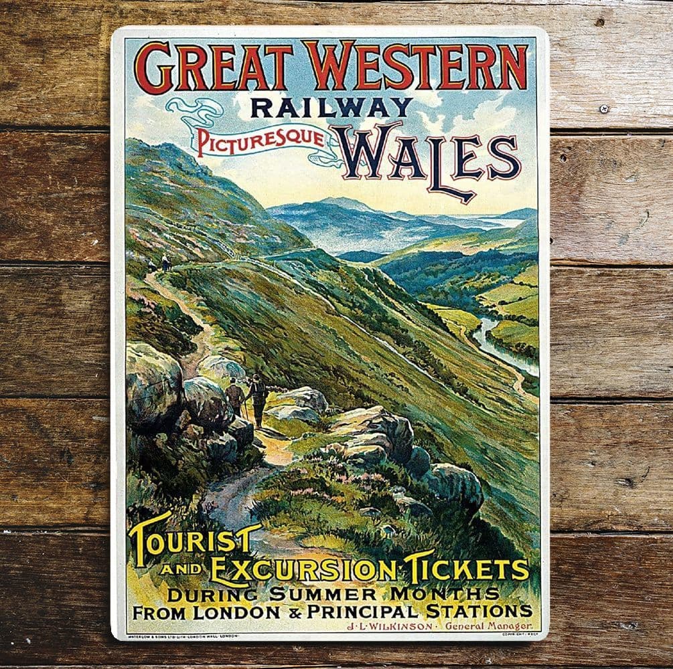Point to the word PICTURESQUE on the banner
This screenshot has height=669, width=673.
click(x=261, y=142)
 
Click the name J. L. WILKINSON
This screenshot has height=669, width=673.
click(x=390, y=626)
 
